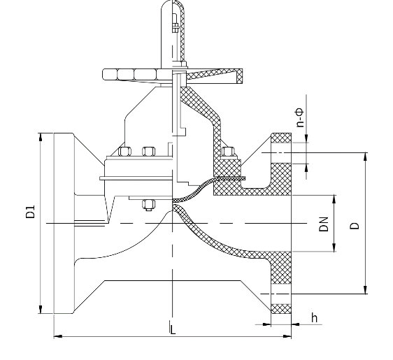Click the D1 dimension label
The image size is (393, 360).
[30, 212]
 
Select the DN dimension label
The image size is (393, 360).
[324, 224]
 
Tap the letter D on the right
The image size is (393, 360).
[355, 226]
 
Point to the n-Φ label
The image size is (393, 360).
[300, 117]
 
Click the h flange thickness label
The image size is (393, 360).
[314, 317]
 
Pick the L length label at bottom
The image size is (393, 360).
[173, 329]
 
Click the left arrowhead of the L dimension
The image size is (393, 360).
[58, 336]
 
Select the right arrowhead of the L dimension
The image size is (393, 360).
[287, 336]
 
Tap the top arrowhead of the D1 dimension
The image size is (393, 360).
[41, 137]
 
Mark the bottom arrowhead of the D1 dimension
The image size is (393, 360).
[41, 309]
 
